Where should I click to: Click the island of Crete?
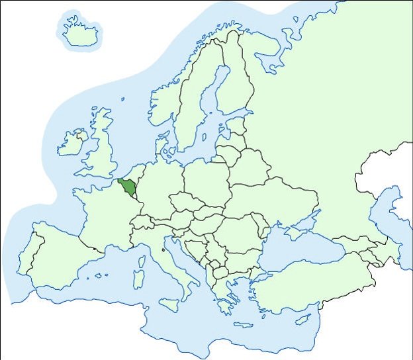tap(243, 325)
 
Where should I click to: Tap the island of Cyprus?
tap(302, 319)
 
